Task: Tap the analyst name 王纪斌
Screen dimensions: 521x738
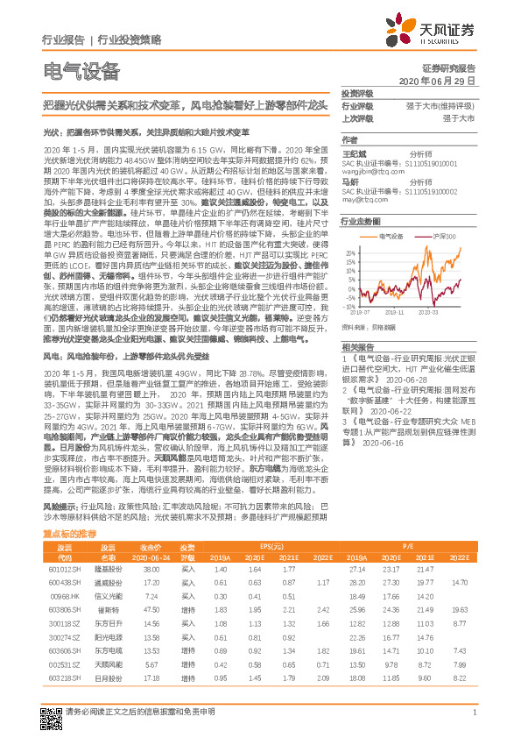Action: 352,153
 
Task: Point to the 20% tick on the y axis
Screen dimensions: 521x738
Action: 348,253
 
